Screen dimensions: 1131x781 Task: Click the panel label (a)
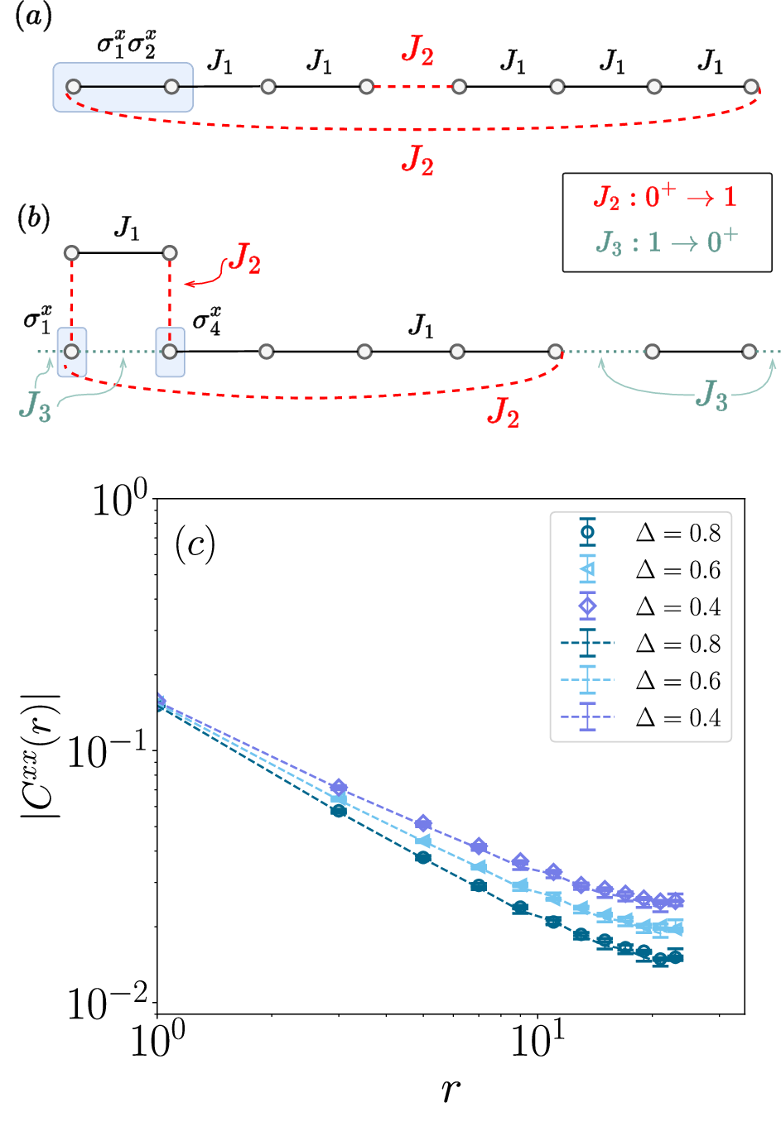[34, 17]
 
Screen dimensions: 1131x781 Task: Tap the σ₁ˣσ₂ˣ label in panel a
[126, 44]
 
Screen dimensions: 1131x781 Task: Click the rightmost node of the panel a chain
[751, 86]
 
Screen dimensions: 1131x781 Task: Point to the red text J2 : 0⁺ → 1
[665, 197]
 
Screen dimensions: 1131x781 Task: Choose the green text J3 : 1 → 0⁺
[666, 242]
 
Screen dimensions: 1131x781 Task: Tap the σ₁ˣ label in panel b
[37, 319]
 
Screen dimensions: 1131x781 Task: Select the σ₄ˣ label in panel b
[206, 319]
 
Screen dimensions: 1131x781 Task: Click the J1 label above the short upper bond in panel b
[126, 228]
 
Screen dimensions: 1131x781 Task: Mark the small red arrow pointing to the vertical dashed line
[195, 284]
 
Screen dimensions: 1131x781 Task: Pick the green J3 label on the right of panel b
[711, 395]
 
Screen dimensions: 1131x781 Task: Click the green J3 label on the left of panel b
[35, 406]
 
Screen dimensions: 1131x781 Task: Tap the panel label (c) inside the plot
[195, 544]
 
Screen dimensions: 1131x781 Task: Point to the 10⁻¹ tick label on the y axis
[106, 751]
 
